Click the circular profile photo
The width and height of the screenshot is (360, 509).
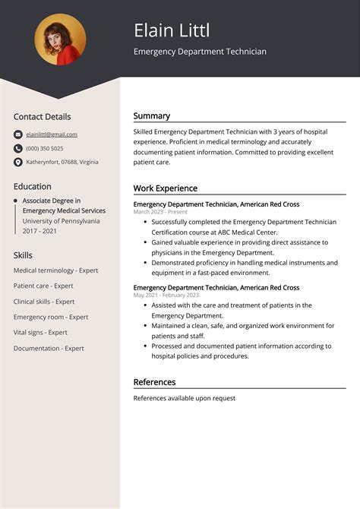[60, 40]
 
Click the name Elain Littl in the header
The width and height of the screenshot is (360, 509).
[172, 30]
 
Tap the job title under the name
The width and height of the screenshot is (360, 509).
[200, 52]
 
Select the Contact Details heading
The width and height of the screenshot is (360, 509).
[42, 117]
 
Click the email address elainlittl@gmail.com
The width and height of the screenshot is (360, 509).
[52, 134]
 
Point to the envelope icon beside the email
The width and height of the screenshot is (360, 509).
[18, 134]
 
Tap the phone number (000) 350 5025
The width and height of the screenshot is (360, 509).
[45, 148]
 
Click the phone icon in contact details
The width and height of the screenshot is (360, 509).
[18, 148]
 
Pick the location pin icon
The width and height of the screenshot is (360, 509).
[18, 162]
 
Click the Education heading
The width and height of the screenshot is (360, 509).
[32, 186]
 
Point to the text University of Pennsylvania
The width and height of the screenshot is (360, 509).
[61, 220]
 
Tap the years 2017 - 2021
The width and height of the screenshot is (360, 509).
[40, 230]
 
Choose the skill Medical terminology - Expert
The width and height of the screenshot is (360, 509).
[56, 270]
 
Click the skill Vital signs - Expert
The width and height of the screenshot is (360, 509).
[40, 333]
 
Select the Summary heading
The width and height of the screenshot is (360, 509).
[152, 116]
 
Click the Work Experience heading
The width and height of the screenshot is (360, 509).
[166, 188]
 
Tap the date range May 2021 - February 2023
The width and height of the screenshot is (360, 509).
[166, 295]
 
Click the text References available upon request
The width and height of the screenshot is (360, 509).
[185, 398]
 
